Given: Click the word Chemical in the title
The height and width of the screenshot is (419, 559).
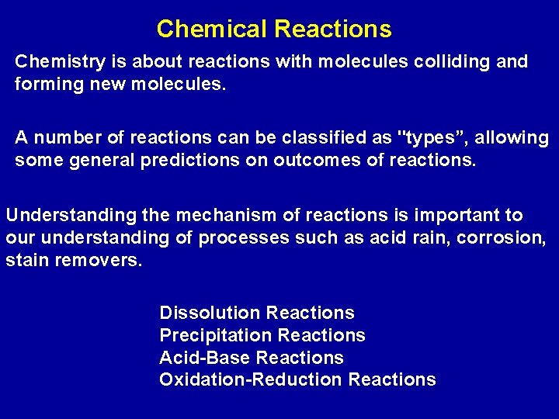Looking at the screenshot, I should pyautogui.click(x=211, y=29).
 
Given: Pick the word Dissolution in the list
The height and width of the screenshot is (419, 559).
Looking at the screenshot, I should pyautogui.click(x=210, y=313).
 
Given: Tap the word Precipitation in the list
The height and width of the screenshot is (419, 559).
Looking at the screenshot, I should pyautogui.click(x=215, y=335).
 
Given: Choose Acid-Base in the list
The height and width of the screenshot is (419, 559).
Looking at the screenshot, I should pyautogui.click(x=204, y=358).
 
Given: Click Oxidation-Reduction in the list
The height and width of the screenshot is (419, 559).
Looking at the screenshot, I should pyautogui.click(x=251, y=379).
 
